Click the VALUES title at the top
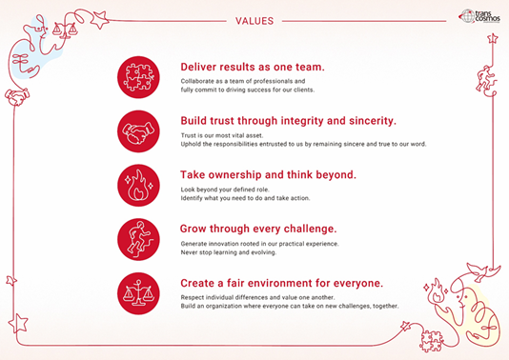coord(254,19)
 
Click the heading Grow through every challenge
coord(257,230)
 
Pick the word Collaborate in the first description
coord(198,81)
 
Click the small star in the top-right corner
coord(493,39)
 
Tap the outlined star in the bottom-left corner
coord(18,322)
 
